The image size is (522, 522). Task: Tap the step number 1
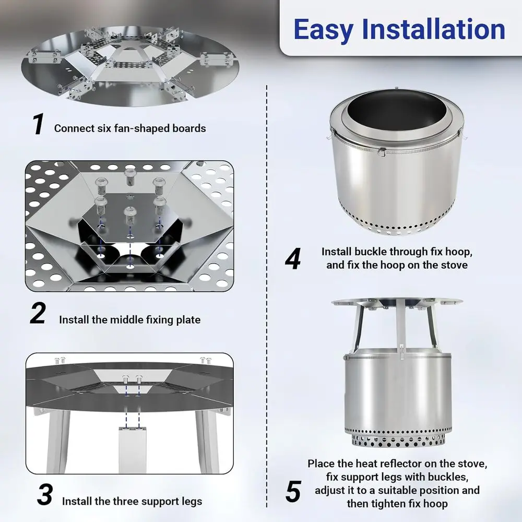click(x=38, y=125)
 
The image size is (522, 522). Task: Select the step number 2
click(x=38, y=314)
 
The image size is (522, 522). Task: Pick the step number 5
click(x=293, y=491)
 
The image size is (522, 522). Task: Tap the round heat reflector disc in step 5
click(x=397, y=302)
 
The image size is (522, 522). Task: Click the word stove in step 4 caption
click(x=453, y=265)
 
